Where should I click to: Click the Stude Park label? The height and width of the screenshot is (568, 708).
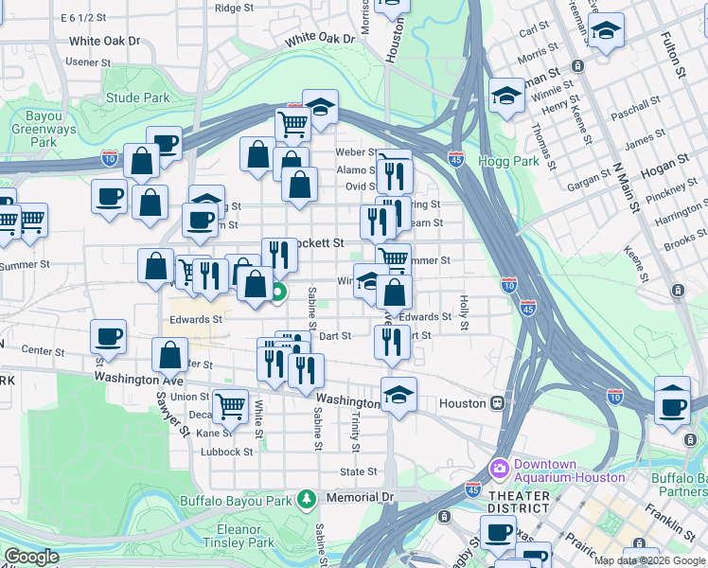[137, 98]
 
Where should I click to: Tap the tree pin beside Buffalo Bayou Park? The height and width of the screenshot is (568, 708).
[306, 497]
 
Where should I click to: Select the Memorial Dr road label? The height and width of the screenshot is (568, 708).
[359, 497]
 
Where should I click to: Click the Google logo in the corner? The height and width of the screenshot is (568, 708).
[31, 557]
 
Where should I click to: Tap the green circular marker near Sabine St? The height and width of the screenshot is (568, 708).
[277, 293]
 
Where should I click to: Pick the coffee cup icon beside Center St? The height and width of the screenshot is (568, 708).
[109, 336]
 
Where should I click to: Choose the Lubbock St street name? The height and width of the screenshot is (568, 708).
[227, 452]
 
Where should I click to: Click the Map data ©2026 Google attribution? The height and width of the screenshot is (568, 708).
[649, 560]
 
